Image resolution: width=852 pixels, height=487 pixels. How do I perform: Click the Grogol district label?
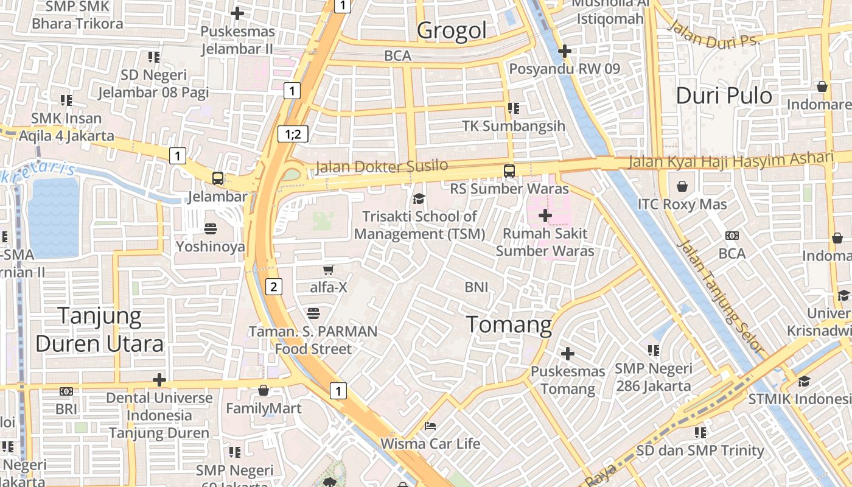(x=452, y=30)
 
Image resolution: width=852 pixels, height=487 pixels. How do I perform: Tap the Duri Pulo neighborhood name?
(x=724, y=96)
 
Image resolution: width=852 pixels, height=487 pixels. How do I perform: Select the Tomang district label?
(x=509, y=324)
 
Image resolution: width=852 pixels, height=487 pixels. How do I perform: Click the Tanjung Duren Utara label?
(x=99, y=330)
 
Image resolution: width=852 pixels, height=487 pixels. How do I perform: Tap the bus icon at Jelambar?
(x=218, y=178)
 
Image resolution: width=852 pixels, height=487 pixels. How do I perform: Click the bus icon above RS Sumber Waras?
(x=509, y=171)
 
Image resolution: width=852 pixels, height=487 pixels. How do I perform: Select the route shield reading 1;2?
(x=293, y=135)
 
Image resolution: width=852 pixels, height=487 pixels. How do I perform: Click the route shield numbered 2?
(x=274, y=287)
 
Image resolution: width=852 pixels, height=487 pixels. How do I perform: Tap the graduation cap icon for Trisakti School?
(x=419, y=198)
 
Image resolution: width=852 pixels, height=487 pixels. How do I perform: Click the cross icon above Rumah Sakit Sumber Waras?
(x=545, y=215)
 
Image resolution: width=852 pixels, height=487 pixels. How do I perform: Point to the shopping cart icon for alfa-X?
(x=329, y=269)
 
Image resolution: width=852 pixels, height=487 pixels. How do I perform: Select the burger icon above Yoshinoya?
(x=211, y=229)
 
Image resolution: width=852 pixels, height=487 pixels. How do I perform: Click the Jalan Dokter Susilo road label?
(x=382, y=166)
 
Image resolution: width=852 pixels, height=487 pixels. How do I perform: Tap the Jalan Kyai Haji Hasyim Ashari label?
(x=730, y=161)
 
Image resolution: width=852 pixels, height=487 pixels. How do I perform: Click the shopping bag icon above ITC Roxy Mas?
(x=682, y=186)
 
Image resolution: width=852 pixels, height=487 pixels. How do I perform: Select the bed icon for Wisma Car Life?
(x=430, y=426)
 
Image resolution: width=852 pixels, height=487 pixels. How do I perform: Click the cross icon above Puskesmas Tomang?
(x=568, y=353)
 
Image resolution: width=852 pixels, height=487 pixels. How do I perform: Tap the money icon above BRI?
(x=66, y=391)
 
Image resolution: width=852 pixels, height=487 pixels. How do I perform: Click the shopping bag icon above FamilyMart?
(x=264, y=390)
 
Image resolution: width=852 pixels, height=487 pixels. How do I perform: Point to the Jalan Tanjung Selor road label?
(x=721, y=296)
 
